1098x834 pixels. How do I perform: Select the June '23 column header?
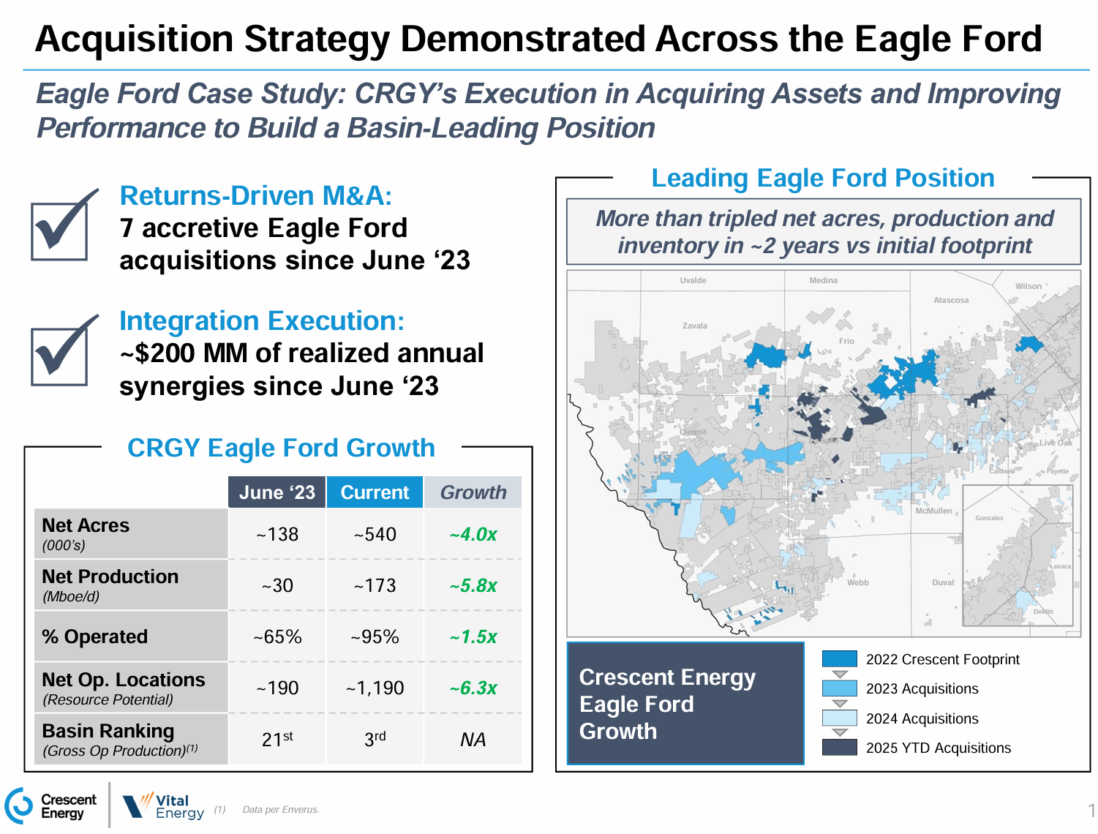click(x=277, y=492)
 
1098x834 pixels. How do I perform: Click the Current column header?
click(x=375, y=492)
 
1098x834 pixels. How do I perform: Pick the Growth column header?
click(x=473, y=492)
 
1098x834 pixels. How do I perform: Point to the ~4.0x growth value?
click(x=473, y=535)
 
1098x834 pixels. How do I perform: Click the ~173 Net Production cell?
click(x=375, y=586)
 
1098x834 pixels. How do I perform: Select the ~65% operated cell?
click(x=277, y=637)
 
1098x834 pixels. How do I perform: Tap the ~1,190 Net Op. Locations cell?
click(x=375, y=688)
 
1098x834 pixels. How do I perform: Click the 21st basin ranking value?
click(x=277, y=740)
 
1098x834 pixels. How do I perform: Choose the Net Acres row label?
click(x=86, y=526)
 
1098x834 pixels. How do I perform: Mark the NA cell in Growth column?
click(x=473, y=740)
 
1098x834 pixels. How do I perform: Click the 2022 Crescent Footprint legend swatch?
click(x=839, y=659)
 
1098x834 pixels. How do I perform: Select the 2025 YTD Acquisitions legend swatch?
click(x=839, y=748)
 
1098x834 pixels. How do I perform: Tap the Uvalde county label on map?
click(x=693, y=280)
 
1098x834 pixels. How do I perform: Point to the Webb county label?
click(x=858, y=583)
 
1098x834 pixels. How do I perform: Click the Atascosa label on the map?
click(x=951, y=301)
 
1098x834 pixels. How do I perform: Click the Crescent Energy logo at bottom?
click(x=51, y=806)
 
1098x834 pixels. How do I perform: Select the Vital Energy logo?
click(x=163, y=806)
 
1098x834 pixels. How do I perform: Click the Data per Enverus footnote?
click(x=281, y=810)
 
